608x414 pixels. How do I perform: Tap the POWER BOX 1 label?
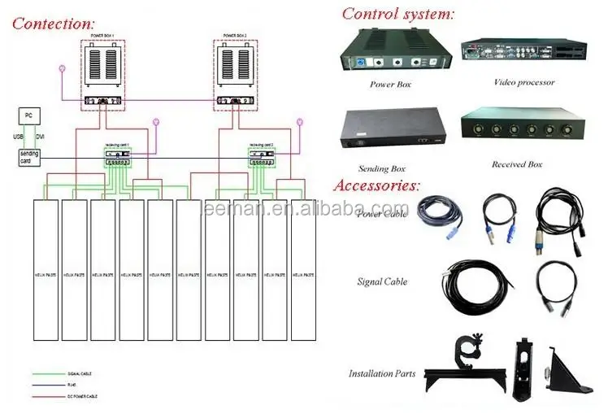click(105, 36)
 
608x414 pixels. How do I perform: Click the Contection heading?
click(54, 23)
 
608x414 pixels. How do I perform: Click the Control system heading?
click(397, 13)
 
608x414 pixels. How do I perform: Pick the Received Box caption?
click(516, 164)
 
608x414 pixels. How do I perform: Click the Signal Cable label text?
click(382, 282)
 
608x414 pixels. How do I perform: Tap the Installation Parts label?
click(382, 374)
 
